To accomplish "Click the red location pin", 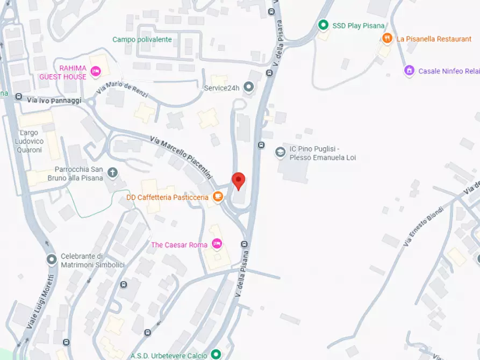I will point(238,181).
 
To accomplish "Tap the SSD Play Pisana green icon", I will point(323,25).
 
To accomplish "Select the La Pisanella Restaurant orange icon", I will point(387,39).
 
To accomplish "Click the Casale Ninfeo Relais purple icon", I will point(409,71).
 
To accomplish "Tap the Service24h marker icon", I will point(248,87).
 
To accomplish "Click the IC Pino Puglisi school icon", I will point(280,153).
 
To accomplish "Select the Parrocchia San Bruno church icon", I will point(112,172).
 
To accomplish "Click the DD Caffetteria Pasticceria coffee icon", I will point(218,197).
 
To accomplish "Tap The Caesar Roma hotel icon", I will point(217,244).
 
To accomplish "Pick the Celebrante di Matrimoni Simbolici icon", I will point(52,260).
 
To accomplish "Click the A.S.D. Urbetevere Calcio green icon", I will point(216,355).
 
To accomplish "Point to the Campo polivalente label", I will point(142,39).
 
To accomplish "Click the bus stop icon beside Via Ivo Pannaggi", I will point(18,97).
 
